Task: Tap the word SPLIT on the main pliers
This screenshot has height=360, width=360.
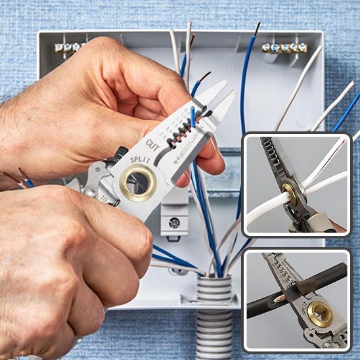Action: pos(139,160)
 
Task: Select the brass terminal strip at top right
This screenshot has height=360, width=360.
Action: pos(284,47)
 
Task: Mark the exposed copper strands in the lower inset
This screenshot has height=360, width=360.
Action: pos(281,300)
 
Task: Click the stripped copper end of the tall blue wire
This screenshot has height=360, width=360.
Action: pos(257,28)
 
